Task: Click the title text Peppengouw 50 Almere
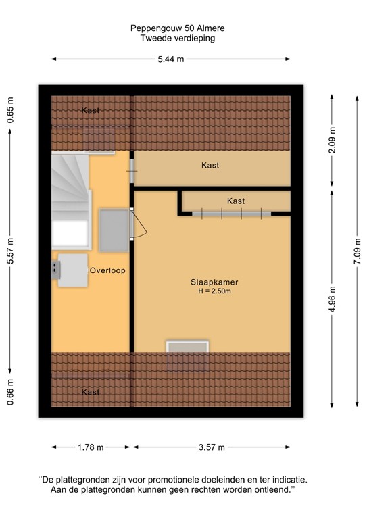178,28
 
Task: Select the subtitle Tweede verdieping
178,39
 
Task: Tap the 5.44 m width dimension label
170,59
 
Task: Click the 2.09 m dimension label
331,140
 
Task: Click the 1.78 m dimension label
90,447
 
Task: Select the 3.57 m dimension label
211,447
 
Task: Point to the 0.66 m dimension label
11,392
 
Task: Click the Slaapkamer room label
214,282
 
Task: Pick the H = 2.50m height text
214,291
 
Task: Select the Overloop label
107,270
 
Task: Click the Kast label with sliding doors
236,201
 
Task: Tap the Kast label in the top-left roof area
91,110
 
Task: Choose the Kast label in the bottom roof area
91,392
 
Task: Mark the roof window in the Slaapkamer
187,355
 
